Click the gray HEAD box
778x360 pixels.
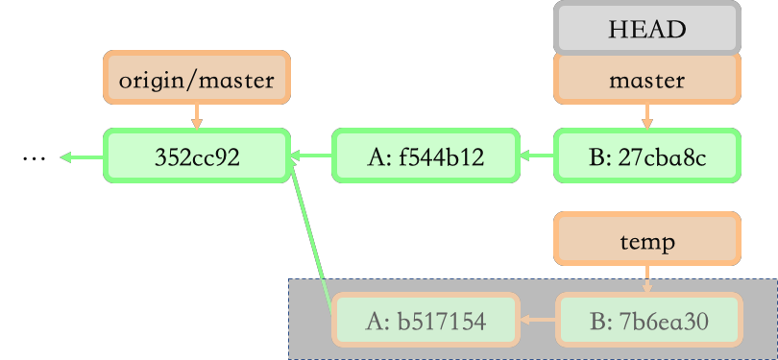(x=646, y=28)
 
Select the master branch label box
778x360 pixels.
(x=646, y=80)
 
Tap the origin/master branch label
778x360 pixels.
(x=196, y=80)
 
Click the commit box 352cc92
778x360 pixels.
(x=196, y=156)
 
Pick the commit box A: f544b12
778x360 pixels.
(x=425, y=156)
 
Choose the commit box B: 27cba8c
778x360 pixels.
(x=646, y=156)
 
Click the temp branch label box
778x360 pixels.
(x=646, y=241)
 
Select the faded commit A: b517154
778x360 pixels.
(x=425, y=320)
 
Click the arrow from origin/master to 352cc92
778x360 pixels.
(x=196, y=116)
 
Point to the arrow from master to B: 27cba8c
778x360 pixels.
(x=646, y=116)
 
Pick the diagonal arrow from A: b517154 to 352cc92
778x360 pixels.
(x=311, y=235)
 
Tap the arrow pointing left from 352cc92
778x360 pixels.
(x=82, y=156)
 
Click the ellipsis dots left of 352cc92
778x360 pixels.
(x=33, y=157)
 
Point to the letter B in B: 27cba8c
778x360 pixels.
(x=593, y=156)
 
